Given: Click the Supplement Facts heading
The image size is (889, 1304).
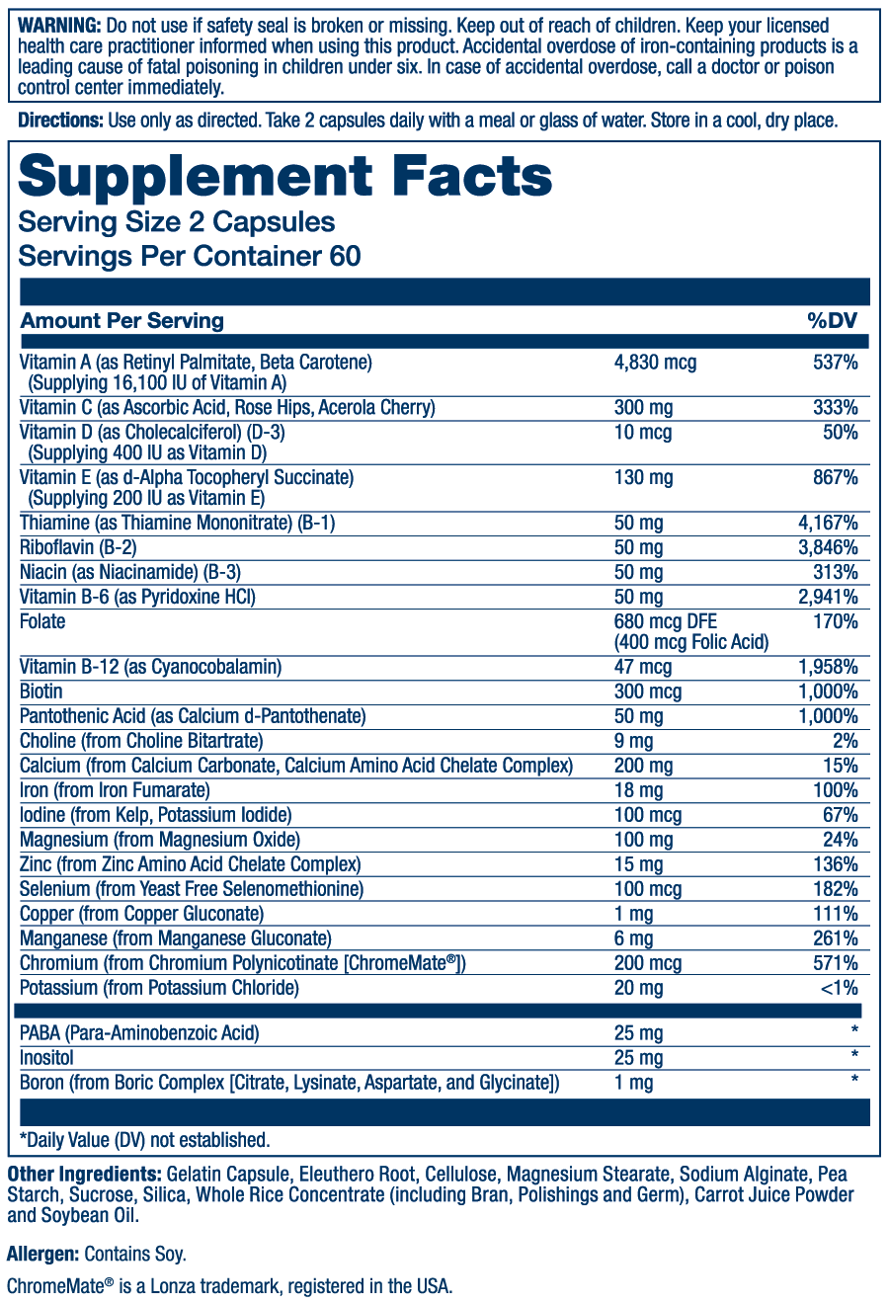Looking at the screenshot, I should (x=285, y=177).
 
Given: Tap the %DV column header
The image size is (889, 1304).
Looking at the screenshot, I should (x=833, y=320).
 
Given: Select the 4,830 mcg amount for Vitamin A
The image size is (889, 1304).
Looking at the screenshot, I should (x=655, y=363).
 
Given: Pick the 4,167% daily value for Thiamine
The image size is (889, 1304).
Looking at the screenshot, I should (x=828, y=523).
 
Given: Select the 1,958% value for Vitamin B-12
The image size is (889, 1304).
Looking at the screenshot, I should (x=828, y=667).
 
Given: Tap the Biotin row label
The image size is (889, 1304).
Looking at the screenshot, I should (x=42, y=692).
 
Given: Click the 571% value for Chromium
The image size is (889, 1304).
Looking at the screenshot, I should (x=838, y=963).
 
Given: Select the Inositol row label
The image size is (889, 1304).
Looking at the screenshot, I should (x=46, y=1058).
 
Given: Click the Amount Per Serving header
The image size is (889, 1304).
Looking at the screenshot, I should (x=122, y=320).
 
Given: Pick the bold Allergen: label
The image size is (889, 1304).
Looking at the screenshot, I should (x=42, y=1255).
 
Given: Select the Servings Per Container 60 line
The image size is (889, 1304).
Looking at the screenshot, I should (x=190, y=256).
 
